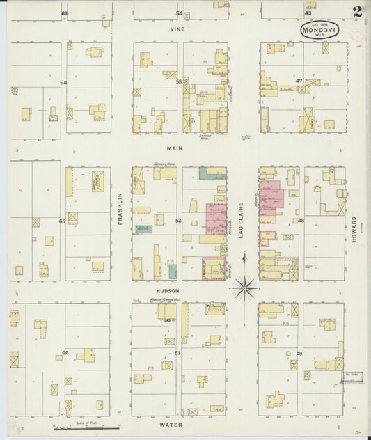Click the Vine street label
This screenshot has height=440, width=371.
point(180,31)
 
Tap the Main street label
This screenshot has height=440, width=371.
point(174,148)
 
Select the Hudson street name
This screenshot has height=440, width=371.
point(168,290)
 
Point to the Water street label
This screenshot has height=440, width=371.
point(171,425)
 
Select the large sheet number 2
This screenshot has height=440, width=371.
point(356,12)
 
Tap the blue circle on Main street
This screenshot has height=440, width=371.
point(244,138)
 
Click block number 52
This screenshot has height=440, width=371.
point(178,221)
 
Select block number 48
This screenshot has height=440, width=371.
point(301,221)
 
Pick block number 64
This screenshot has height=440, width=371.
point(63,82)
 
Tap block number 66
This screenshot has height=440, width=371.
point(65,353)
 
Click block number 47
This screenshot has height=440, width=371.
point(299,81)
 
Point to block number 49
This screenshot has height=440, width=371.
point(299,354)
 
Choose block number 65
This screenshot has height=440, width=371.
point(62,221)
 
